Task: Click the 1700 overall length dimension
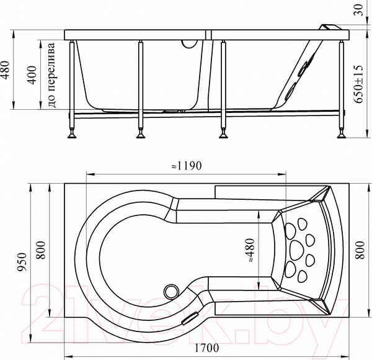pos(206,348)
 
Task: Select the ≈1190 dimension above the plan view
pos(187,166)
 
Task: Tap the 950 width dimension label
pos(22,262)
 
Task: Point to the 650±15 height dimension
pos(358,84)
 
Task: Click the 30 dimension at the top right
pos(359,10)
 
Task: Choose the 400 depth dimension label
pos(32,75)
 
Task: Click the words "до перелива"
pos(51,75)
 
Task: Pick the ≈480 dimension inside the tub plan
pos(250,251)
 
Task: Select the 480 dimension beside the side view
pos(5,70)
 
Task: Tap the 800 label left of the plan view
pos(40,250)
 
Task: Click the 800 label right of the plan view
pos(360,250)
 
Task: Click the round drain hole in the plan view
pos(171,291)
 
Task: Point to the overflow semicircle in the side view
pos(190,44)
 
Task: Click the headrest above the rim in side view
pos(330,27)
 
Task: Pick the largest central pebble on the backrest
pos(296,250)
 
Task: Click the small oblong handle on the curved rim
pos(190,318)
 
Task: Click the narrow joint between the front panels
pos(208,35)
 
